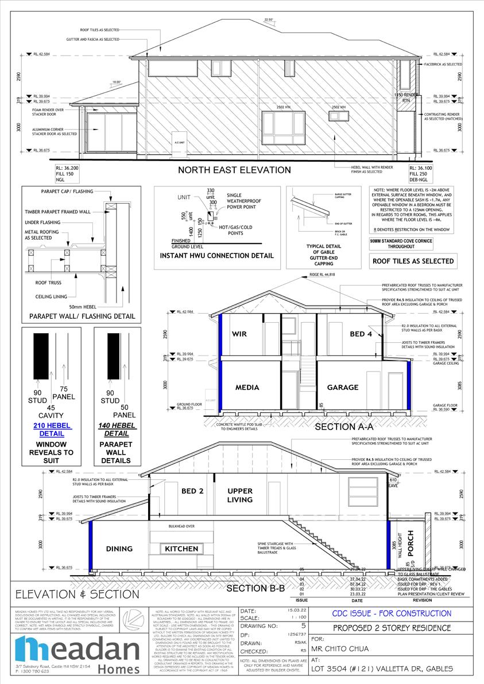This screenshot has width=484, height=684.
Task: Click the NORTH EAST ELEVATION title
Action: click(x=234, y=170)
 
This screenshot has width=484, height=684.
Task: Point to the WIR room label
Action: click(x=239, y=334)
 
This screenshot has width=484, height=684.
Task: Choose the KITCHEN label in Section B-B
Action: click(x=181, y=549)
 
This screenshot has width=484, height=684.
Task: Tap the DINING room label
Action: click(x=119, y=549)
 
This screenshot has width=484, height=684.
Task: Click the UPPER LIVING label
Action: click(x=239, y=495)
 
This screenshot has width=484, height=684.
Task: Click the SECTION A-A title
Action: click(x=344, y=427)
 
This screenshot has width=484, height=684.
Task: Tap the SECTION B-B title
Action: click(x=255, y=589)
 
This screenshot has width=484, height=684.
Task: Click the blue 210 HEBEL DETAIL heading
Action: click(x=51, y=429)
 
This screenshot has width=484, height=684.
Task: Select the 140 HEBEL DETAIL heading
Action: click(x=117, y=429)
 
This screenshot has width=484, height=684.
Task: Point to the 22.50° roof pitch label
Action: click(x=268, y=20)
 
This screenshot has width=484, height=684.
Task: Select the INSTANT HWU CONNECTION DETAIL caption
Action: click(x=216, y=255)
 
